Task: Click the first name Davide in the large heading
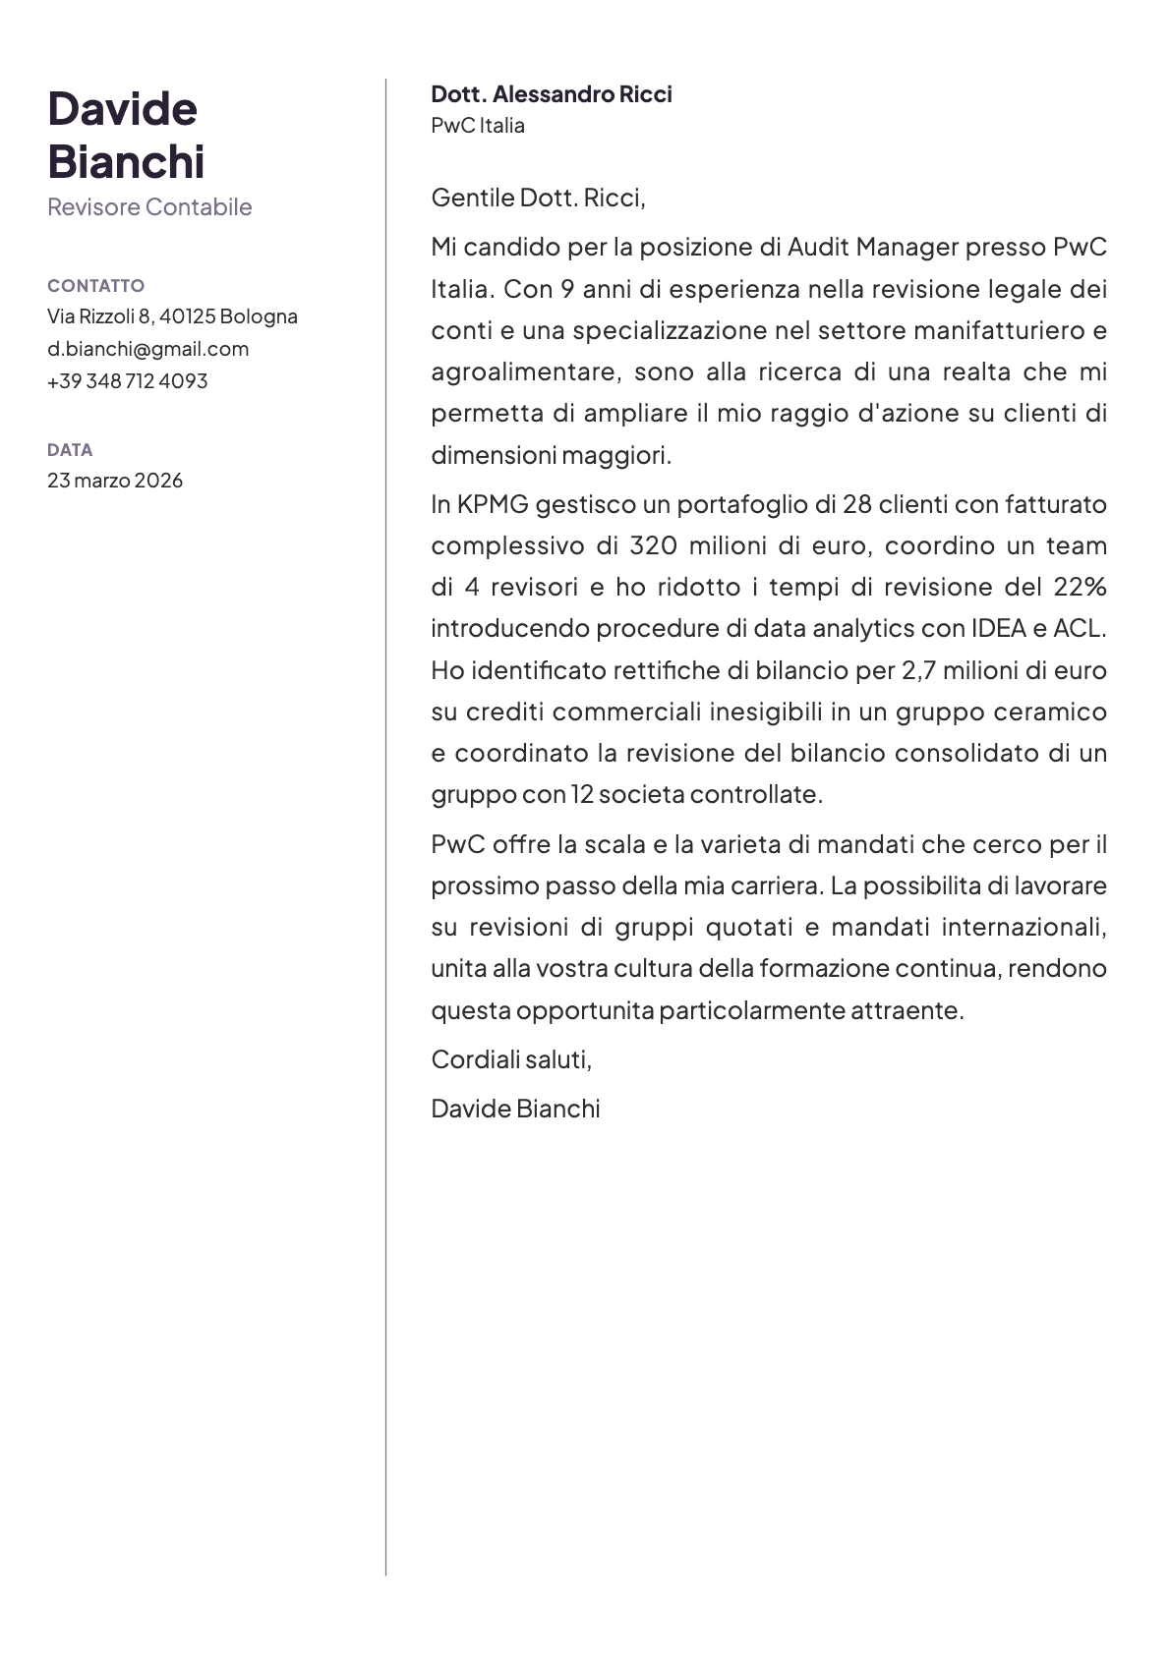[x=122, y=109]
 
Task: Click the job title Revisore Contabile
[x=149, y=207]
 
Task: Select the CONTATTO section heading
[x=95, y=286]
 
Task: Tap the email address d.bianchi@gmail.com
[x=147, y=349]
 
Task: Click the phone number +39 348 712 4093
[x=127, y=381]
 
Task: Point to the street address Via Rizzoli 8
[x=98, y=316]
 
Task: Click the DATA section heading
[x=70, y=450]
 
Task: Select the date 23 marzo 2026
[x=115, y=481]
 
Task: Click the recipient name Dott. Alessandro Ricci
[x=552, y=94]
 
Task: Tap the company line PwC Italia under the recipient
[x=478, y=126]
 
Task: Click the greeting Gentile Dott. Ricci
[x=538, y=199]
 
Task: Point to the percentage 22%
[x=1080, y=588]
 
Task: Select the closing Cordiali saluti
[x=511, y=1059]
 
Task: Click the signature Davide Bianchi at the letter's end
[x=515, y=1109]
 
